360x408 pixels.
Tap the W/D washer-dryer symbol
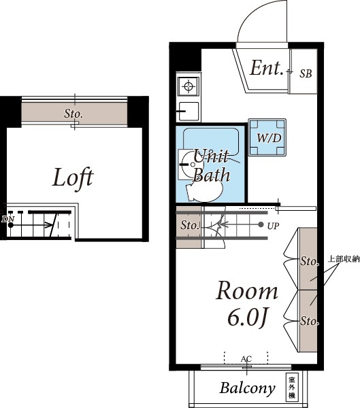click(267, 137)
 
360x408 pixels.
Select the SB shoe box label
click(306, 73)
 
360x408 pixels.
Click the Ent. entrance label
click(267, 68)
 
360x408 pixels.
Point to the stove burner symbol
click(189, 86)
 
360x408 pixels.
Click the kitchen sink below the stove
click(189, 112)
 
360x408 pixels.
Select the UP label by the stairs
click(273, 226)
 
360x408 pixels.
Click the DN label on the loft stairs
click(8, 219)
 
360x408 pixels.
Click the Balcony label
click(247, 388)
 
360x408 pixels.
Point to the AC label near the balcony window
click(246, 359)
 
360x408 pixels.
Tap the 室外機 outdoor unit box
click(292, 386)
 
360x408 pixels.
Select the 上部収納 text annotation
click(344, 259)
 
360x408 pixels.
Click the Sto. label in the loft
click(73, 114)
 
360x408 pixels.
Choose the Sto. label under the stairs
click(190, 225)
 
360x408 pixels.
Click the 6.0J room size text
click(248, 318)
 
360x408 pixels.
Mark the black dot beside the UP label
click(261, 224)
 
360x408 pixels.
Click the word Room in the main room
click(247, 291)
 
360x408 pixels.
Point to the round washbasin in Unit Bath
click(192, 165)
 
